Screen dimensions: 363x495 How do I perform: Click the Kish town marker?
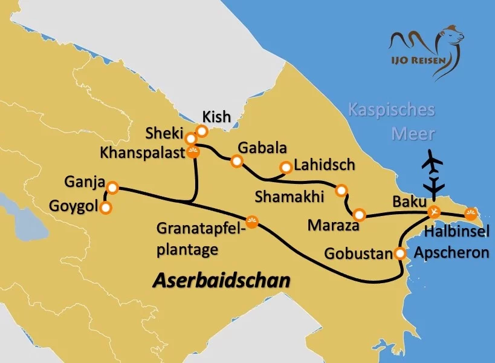(202, 131)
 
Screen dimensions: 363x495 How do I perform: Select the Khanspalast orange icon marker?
(193, 152)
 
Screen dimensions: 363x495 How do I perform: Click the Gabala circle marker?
(237, 161)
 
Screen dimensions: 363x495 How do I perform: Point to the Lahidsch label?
(325, 165)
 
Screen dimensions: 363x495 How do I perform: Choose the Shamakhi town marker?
(341, 190)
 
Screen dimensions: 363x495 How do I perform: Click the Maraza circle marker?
(359, 215)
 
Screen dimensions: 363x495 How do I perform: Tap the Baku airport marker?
(433, 212)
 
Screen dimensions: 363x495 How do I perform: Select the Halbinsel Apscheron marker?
(470, 213)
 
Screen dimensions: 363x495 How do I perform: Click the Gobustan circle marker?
(400, 253)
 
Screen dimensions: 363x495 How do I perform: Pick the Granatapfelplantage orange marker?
(253, 222)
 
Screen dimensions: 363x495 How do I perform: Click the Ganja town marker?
(111, 187)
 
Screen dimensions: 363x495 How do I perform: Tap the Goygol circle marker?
(106, 208)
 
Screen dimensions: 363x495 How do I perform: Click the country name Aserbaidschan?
(221, 280)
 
